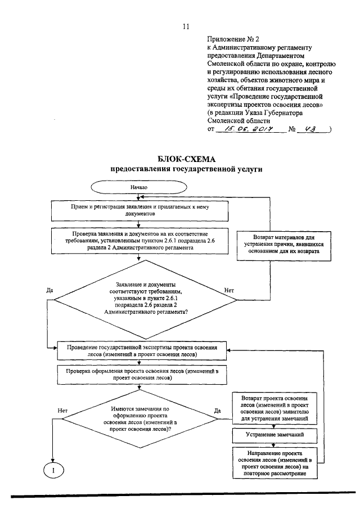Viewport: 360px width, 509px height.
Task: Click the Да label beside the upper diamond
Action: (x=49, y=290)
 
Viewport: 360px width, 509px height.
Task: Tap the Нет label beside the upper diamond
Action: (x=229, y=290)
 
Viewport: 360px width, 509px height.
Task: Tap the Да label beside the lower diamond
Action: (x=218, y=411)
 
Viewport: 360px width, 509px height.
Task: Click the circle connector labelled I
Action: (x=52, y=470)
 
